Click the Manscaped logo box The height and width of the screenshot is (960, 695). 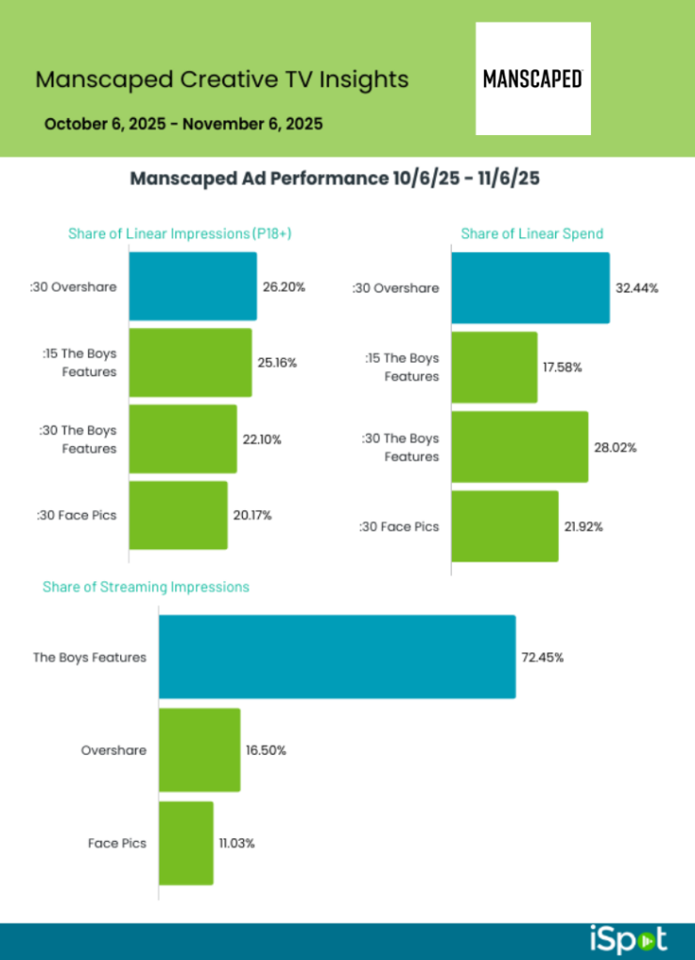click(533, 79)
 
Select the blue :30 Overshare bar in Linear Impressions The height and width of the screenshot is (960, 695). click(192, 286)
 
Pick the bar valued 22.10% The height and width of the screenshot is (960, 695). click(182, 439)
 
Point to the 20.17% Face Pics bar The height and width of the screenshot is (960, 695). click(177, 515)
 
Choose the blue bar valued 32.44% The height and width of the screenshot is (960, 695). click(530, 288)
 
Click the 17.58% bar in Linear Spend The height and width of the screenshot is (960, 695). click(494, 367)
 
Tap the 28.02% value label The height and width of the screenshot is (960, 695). click(617, 447)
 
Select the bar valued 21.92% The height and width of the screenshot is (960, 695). click(505, 526)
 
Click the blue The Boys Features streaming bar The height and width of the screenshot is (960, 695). click(337, 656)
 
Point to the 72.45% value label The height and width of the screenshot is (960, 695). click(542, 657)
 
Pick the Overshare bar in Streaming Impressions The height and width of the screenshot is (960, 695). click(199, 750)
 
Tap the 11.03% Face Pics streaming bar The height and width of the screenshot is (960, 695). click(186, 843)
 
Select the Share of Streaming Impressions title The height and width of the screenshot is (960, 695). click(145, 587)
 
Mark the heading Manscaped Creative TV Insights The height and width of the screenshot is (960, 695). click(221, 80)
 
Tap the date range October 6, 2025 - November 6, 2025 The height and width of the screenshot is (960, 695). click(183, 124)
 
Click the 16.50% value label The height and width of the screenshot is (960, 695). click(267, 751)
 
